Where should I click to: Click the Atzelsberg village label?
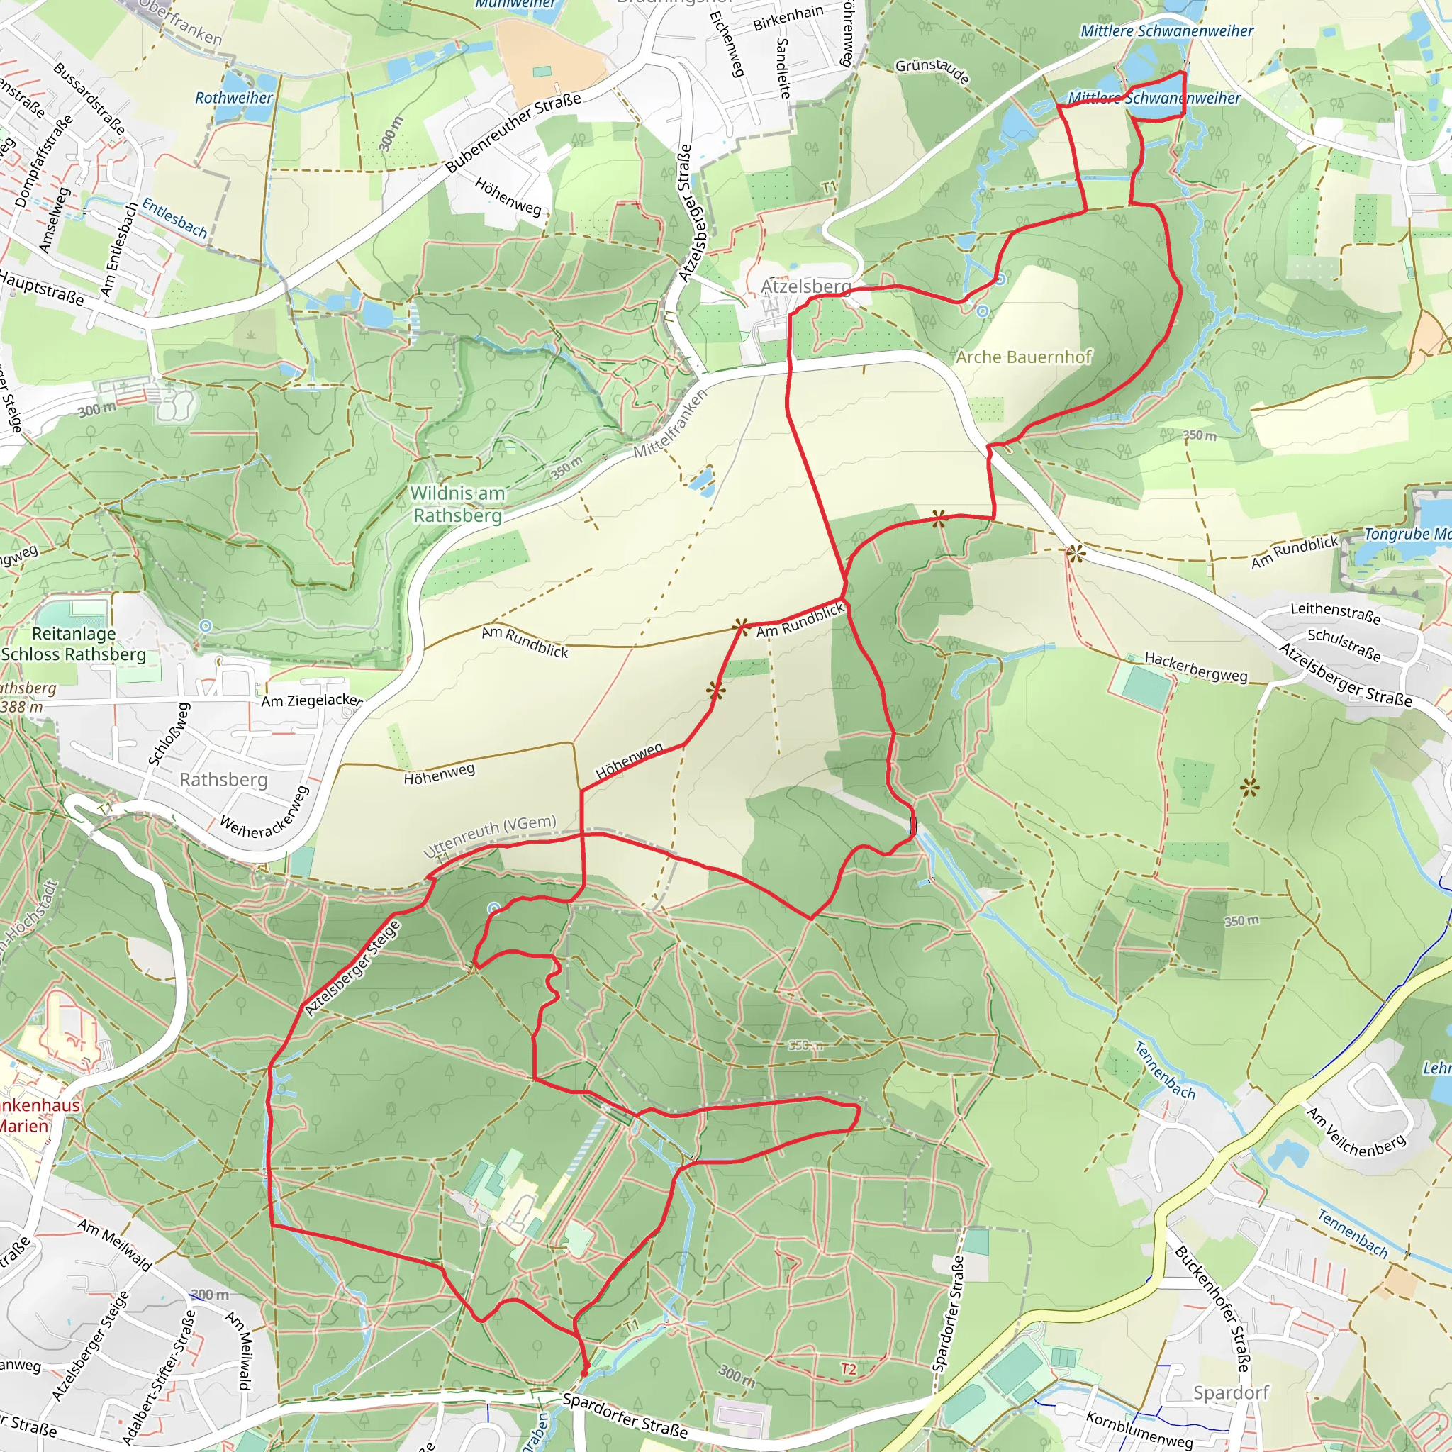(805, 286)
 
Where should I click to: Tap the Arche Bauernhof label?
(1023, 357)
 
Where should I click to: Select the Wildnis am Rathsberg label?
(457, 504)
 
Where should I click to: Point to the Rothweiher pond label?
(234, 98)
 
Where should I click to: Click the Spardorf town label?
(1231, 1392)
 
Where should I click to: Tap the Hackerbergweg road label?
(1196, 666)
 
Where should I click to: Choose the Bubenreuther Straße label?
(513, 133)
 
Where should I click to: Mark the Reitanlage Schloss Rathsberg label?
(74, 644)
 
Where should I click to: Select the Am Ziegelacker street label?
(312, 700)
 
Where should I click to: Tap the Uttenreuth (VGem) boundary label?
(490, 836)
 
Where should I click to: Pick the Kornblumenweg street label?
(1139, 1429)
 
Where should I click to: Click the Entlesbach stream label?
(174, 218)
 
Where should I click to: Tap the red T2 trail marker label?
(849, 1369)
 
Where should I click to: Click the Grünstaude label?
(932, 71)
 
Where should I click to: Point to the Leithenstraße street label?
(1336, 613)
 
